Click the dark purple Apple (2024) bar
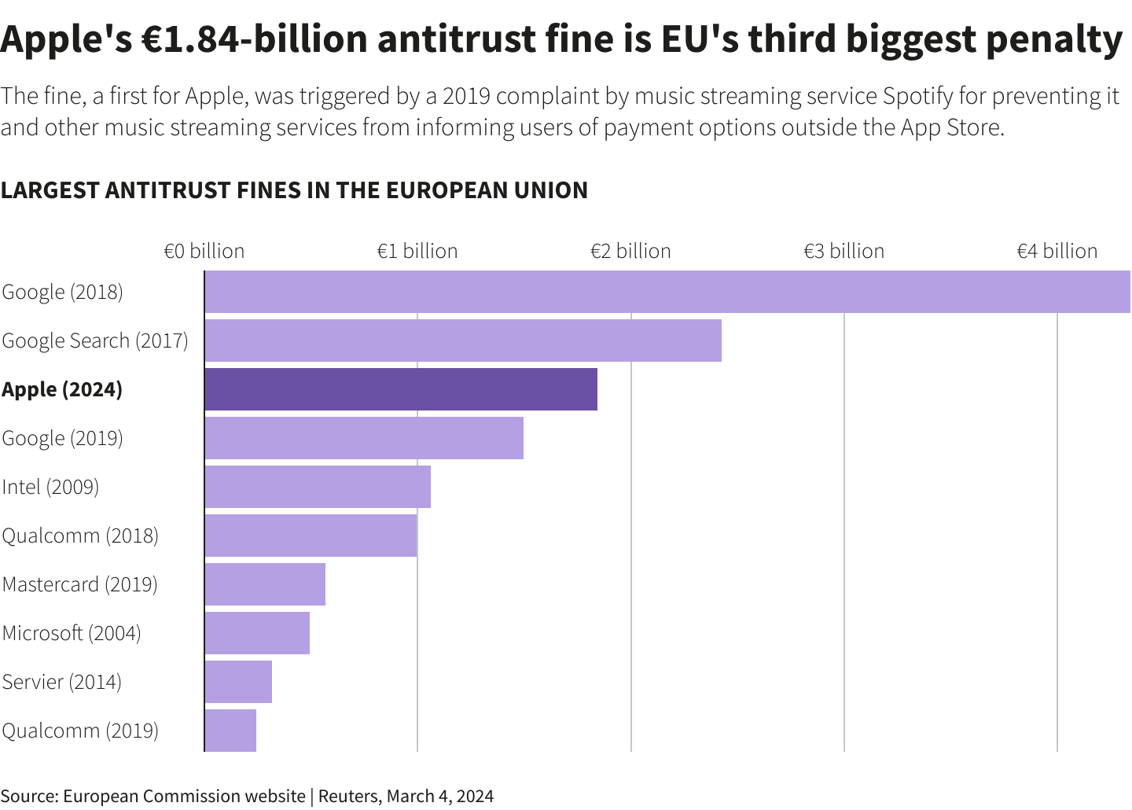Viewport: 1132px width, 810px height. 401,389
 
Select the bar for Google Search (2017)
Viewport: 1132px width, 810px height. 463,341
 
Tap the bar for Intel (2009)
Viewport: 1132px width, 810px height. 318,487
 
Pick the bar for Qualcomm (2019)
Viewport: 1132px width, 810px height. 230,731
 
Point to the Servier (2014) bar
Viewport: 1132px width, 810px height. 238,682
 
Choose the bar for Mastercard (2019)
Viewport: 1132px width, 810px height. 265,584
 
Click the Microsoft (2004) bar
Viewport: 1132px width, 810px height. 257,633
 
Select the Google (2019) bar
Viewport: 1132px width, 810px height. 364,438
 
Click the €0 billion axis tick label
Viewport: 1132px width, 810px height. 204,251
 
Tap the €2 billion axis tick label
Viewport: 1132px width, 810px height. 630,251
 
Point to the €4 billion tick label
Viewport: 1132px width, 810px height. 1057,251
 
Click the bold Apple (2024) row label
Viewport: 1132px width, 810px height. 62,390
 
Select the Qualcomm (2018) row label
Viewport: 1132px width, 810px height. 80,536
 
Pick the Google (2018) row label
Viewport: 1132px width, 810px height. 63,292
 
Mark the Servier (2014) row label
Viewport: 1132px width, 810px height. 62,682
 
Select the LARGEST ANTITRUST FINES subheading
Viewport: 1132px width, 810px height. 294,190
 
